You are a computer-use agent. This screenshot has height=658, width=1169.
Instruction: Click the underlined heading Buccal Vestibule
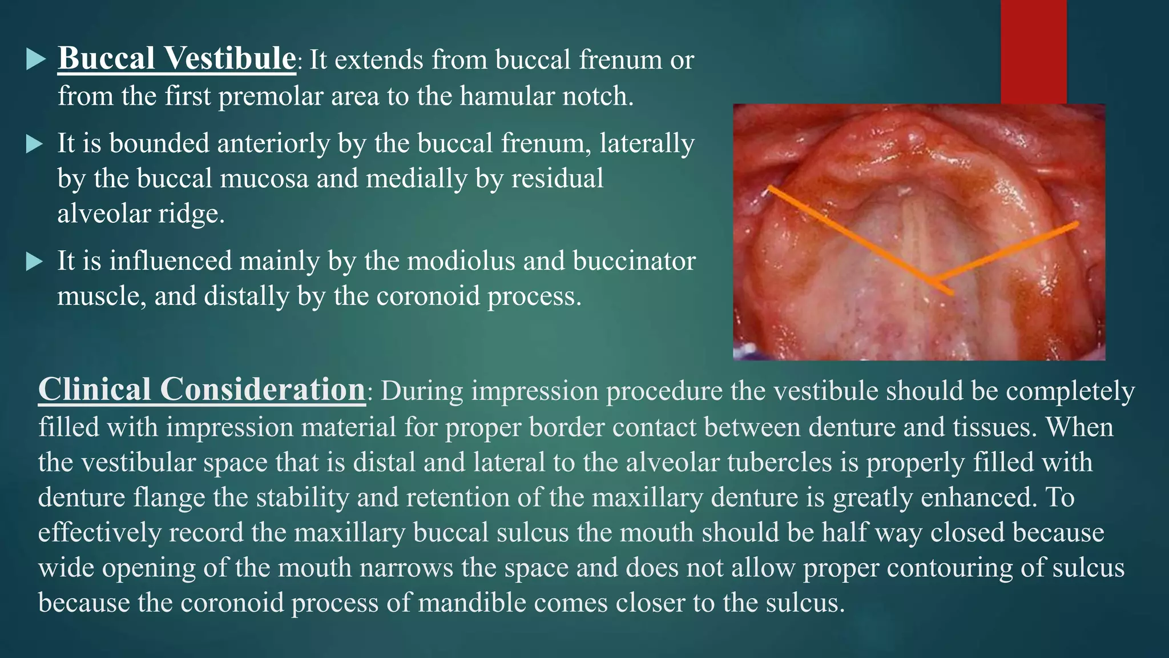tap(176, 59)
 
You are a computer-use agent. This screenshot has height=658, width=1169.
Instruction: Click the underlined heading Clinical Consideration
tap(201, 390)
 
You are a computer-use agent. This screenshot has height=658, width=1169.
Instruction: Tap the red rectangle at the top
tap(1033, 51)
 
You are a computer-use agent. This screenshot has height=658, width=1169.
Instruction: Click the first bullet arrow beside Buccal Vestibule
tap(36, 59)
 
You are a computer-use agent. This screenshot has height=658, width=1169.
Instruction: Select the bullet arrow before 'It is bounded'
tap(35, 144)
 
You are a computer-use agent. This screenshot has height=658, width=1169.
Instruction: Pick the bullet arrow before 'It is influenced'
tap(35, 262)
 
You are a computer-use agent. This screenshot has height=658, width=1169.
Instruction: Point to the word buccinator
tap(634, 261)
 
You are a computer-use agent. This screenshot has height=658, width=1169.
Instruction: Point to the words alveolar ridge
tap(140, 214)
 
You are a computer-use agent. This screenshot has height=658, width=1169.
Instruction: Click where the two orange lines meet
tap(933, 281)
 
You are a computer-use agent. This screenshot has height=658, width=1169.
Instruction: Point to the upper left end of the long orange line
tap(770, 187)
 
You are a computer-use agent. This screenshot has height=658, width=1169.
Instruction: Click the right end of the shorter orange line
tap(1076, 224)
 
